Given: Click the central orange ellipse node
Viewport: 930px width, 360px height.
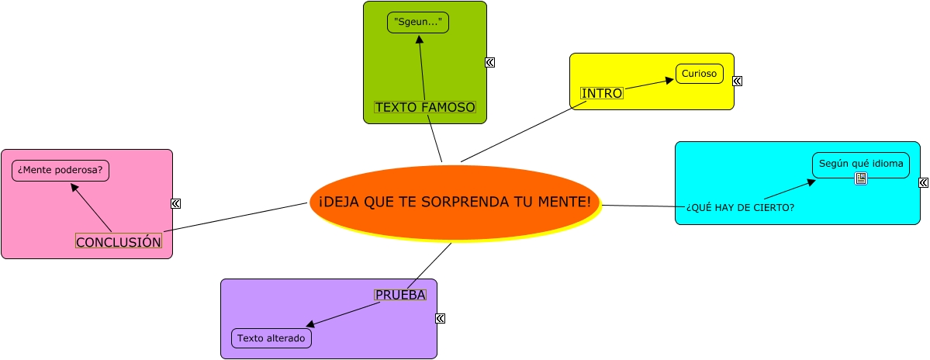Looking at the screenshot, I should [455, 202].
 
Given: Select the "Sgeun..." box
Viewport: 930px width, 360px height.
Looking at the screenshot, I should [418, 22].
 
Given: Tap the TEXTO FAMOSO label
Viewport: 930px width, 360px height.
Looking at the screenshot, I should [424, 107].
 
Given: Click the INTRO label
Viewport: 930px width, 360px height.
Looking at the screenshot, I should [602, 93].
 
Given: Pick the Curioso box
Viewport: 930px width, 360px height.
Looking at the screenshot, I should [700, 74].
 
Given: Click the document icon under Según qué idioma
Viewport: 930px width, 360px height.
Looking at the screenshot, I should [860, 179].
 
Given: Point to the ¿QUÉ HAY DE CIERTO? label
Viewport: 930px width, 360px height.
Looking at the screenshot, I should [740, 207].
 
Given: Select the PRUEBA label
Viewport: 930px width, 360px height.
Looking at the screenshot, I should [400, 295].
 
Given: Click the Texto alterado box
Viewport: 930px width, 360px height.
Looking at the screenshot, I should [271, 338].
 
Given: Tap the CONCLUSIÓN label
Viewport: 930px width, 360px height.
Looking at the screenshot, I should [119, 241].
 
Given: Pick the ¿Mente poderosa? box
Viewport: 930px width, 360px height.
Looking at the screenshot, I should [61, 170].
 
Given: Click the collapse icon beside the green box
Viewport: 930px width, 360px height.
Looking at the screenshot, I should [490, 63].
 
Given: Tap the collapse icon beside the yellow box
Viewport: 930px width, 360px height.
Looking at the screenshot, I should [737, 81].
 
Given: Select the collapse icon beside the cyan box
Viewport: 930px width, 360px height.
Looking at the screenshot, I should [923, 183].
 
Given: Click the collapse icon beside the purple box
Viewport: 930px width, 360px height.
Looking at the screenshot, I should [441, 318].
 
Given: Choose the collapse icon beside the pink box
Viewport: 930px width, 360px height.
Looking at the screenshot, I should [175, 203].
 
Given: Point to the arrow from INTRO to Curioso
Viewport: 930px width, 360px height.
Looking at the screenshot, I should [648, 84].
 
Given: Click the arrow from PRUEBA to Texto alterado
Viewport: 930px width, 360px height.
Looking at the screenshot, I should [343, 314].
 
